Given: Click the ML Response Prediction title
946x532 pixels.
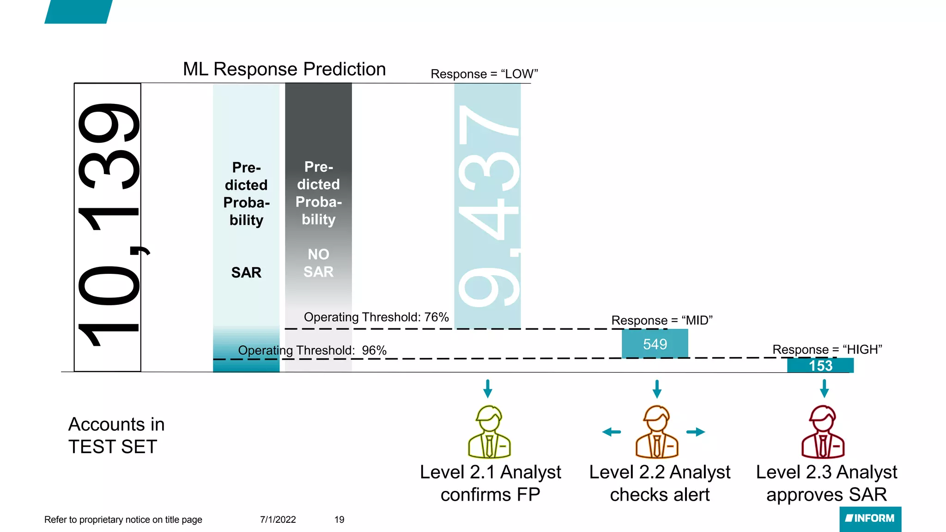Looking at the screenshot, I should coord(284,69).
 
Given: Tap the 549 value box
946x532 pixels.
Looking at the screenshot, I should coord(655,344).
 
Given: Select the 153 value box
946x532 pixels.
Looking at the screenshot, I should coord(820,366).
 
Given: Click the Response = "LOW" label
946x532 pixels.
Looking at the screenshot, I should coord(484,74).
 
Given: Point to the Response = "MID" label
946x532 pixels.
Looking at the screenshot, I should coord(661,320).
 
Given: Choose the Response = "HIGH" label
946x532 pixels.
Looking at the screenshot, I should coord(827,350).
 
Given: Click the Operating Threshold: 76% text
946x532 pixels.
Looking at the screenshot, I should coord(376,317).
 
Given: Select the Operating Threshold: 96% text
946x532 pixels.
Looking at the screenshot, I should coord(312,351).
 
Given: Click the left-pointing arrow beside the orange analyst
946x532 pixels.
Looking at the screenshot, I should coord(612,432).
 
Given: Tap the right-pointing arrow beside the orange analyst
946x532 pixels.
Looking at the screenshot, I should coord(696,432).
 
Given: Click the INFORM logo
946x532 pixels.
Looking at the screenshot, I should coord(870,519).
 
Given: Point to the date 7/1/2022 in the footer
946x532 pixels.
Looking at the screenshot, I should coord(278,520).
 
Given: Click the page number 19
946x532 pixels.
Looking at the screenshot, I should coord(339,520).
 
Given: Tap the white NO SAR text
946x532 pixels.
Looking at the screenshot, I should coord(318,263).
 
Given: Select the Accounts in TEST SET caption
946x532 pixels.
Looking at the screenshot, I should coord(116,435).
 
